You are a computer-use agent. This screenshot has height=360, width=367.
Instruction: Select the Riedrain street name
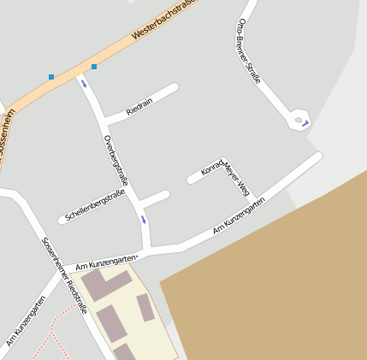click(139, 106)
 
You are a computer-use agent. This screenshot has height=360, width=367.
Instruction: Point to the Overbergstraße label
click(115, 162)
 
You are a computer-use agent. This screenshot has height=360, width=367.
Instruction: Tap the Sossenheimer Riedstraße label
click(64, 274)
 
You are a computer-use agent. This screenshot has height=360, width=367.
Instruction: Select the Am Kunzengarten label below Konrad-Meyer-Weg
click(239, 215)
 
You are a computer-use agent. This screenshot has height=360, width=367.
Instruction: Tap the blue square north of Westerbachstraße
click(51, 77)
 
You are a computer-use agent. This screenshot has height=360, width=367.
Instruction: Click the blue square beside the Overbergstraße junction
click(94, 67)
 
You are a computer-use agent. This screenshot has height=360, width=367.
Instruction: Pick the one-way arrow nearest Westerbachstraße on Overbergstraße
click(84, 84)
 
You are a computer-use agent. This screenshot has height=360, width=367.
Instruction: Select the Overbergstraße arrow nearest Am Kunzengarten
click(144, 220)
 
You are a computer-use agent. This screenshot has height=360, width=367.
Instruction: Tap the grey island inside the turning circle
click(298, 121)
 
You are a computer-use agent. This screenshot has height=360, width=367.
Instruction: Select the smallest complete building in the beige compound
click(145, 308)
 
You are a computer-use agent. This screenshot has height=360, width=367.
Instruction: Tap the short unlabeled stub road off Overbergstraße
click(155, 198)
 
